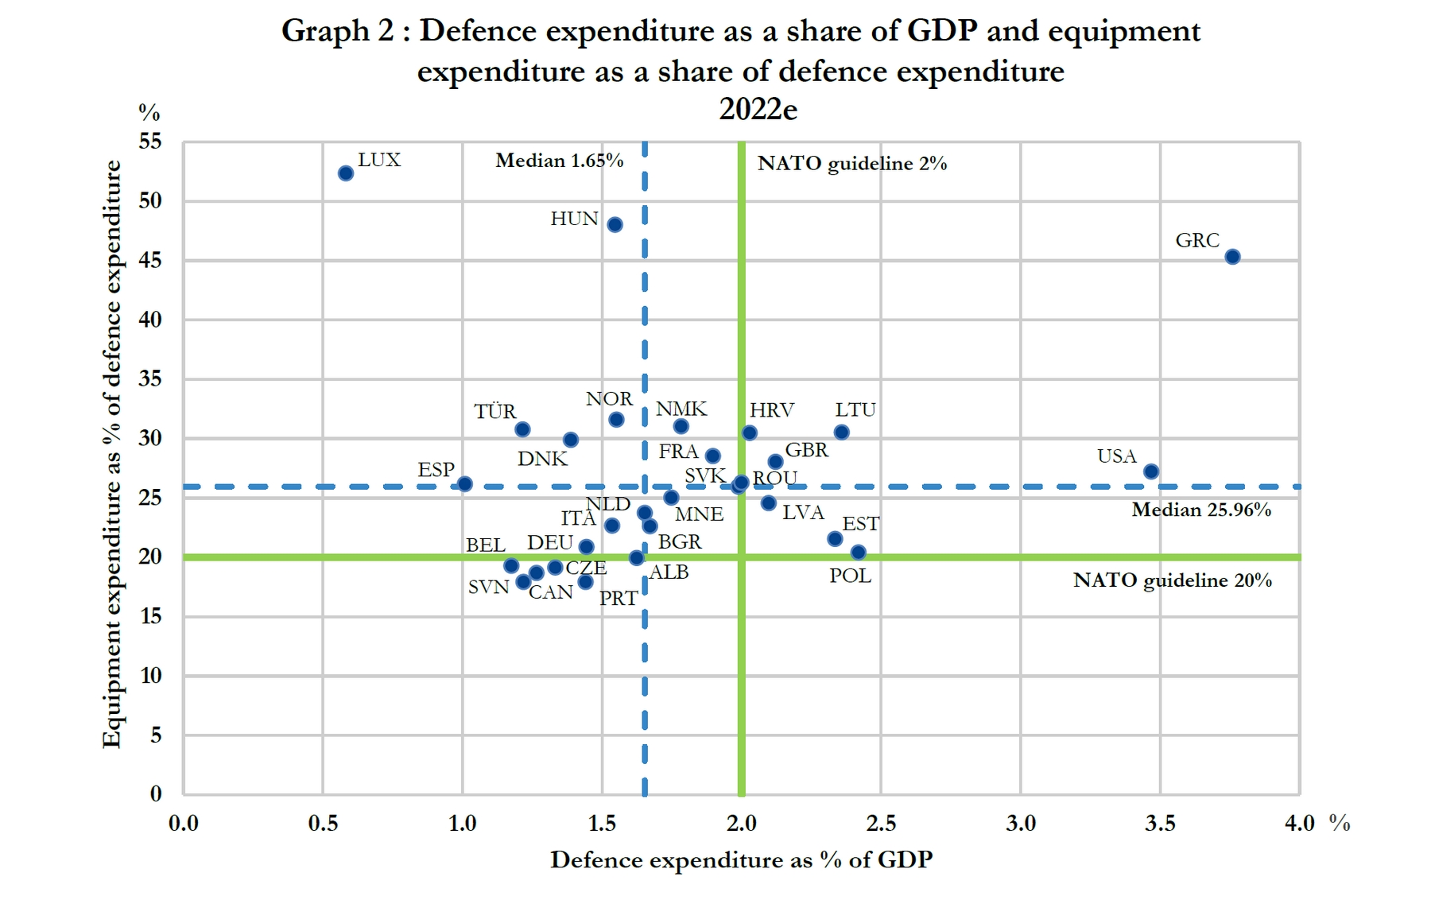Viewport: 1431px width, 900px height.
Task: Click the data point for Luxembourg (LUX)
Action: (x=346, y=173)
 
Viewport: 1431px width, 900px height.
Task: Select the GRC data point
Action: (x=1232, y=257)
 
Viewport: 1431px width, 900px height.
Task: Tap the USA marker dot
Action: (x=1150, y=471)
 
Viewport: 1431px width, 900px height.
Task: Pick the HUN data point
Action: (x=615, y=225)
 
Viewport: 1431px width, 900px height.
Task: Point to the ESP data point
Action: (x=465, y=484)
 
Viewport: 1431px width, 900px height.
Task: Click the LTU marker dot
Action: (x=841, y=433)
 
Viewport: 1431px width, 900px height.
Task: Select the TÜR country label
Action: (x=495, y=411)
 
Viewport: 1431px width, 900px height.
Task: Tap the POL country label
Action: (x=850, y=576)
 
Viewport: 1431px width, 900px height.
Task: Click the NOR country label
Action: (x=609, y=398)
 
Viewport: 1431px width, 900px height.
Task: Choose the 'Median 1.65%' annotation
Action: (x=560, y=161)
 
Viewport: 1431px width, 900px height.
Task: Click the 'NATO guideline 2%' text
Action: (x=852, y=164)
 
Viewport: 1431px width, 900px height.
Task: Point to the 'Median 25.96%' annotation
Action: (x=1201, y=510)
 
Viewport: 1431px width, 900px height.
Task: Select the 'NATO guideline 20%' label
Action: (x=1173, y=580)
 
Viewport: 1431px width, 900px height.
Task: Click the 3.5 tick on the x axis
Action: (x=1160, y=823)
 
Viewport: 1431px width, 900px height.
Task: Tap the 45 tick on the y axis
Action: (x=150, y=260)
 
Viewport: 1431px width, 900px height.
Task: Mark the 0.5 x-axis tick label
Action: (x=323, y=823)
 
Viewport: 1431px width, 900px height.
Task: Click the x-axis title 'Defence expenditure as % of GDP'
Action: (x=741, y=859)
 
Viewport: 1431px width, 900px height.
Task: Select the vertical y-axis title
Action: (x=112, y=454)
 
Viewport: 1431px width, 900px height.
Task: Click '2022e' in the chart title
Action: (x=758, y=109)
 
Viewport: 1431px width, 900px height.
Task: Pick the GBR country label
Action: (x=807, y=450)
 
